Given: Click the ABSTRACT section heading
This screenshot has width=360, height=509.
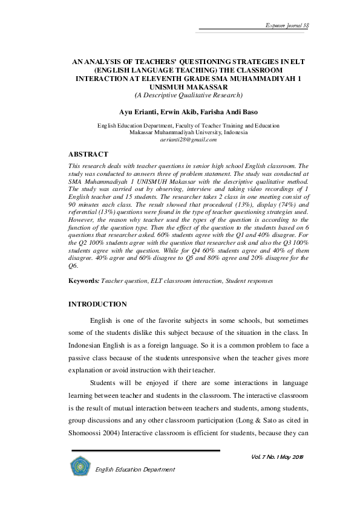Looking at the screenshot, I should coord(88,154).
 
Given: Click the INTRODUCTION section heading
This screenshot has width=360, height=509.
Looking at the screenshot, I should coord(97,304).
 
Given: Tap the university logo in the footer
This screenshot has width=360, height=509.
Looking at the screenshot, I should coord(79,466).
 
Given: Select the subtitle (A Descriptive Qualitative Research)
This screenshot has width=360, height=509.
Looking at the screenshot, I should coord(188,96).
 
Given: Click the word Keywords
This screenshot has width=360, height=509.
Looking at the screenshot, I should coord(83,281).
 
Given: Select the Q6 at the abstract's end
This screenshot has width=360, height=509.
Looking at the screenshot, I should coord(74,265).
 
